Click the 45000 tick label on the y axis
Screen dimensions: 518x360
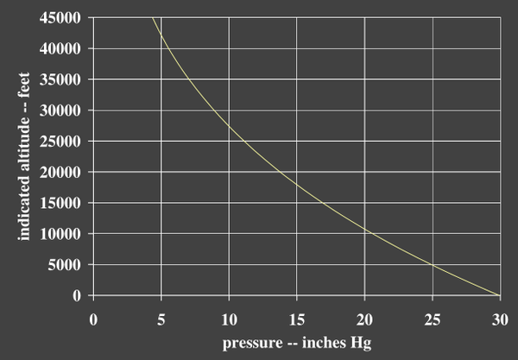coord(60,18)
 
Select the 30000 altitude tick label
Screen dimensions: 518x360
coord(60,111)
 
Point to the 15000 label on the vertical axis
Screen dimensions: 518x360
coord(60,203)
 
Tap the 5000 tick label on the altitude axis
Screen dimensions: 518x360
coord(64,264)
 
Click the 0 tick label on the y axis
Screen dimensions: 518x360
coord(77,295)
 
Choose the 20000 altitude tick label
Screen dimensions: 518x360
coord(60,172)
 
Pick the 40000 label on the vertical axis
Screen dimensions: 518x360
coord(60,49)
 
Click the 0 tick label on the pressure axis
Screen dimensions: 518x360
coord(93,319)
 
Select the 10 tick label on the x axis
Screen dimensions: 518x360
coord(230,319)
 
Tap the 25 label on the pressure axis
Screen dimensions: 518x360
coord(433,319)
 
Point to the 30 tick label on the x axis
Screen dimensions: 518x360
coord(500,319)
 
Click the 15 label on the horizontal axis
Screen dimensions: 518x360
coord(297,319)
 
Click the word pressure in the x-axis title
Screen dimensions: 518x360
coord(253,344)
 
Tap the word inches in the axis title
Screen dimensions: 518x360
coord(324,342)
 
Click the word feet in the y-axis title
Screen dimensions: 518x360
coord(24,85)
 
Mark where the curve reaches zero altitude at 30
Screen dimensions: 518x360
coord(499,295)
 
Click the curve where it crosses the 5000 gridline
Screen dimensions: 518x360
coord(432,264)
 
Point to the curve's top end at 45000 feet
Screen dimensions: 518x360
coord(152,18)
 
